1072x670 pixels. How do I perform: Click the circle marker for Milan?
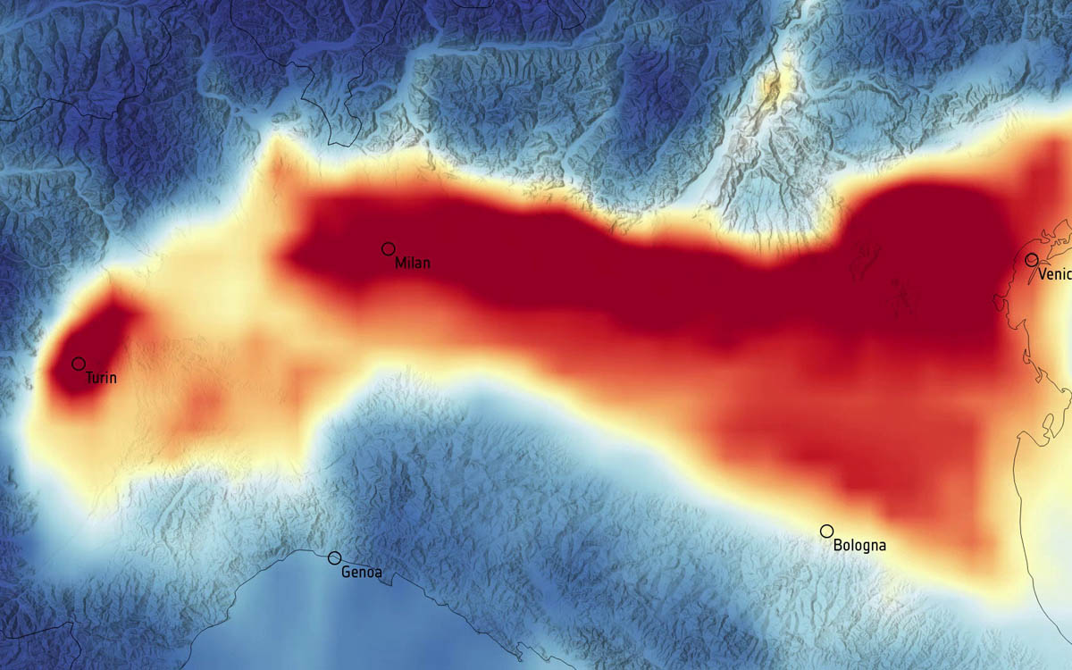(x=389, y=248)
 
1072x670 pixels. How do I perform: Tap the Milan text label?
(x=413, y=264)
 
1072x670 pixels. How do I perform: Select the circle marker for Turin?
(x=79, y=364)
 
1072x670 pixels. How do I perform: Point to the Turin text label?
(x=101, y=379)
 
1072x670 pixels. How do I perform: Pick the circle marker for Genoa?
(x=334, y=557)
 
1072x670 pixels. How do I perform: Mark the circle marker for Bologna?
(x=826, y=531)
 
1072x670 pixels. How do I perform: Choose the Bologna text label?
(x=859, y=545)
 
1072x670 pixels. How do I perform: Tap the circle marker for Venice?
(x=1032, y=259)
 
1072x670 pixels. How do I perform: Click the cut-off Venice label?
(x=1055, y=274)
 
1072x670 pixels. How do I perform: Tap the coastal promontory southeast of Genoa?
(x=389, y=582)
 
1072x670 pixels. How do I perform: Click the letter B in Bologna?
(x=837, y=545)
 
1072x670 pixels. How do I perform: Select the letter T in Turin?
(x=88, y=379)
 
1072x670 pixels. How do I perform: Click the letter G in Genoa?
(x=346, y=573)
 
